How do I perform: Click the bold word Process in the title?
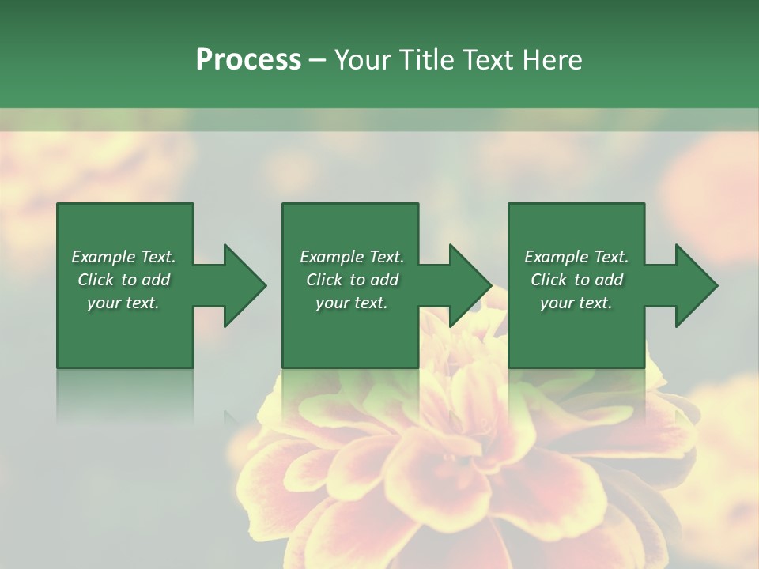coord(248,60)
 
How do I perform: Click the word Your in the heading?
coord(364,60)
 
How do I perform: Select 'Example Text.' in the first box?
coord(123,257)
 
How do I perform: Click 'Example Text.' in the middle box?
coord(352,257)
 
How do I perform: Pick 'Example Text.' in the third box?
coord(576,257)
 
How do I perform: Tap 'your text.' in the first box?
coord(123,303)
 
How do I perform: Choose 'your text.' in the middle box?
coord(352,303)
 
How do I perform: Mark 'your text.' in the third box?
coord(576,303)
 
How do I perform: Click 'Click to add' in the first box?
coord(124,280)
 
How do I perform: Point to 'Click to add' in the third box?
coord(577,280)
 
